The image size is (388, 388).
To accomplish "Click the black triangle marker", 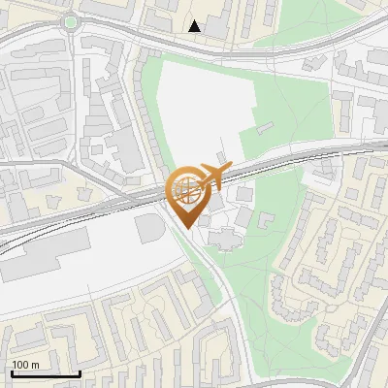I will (x=195, y=26).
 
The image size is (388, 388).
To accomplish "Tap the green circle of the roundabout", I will (x=70, y=21).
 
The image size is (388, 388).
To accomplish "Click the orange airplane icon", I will (x=212, y=178).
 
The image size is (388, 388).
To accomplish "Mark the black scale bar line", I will (x=45, y=373).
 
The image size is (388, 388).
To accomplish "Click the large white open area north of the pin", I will (x=199, y=107).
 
